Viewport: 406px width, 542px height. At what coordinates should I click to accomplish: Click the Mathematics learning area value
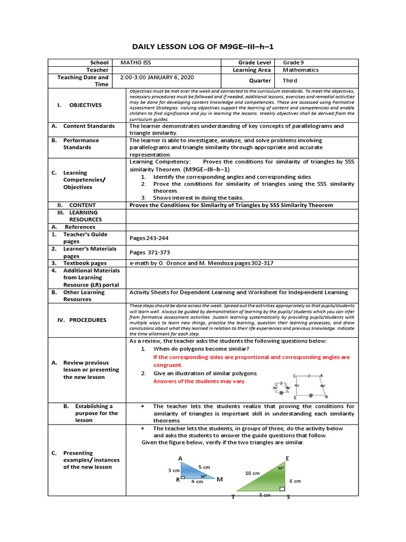[301, 70]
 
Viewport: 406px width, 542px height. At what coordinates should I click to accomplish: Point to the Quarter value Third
[290, 81]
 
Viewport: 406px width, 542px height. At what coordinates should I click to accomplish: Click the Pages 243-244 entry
[150, 238]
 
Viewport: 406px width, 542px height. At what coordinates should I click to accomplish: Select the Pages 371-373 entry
[150, 252]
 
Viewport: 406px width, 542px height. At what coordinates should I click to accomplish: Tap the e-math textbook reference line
[201, 263]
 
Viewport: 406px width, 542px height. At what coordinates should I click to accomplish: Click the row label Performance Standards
[81, 144]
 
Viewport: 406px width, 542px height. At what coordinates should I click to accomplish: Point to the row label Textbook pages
[85, 263]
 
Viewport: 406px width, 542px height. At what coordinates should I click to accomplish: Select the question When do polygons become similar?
[201, 349]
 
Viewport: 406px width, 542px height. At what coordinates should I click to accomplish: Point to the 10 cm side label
[253, 473]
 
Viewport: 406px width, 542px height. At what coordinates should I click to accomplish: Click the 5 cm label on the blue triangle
[204, 467]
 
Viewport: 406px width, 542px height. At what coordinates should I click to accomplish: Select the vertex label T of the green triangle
[233, 497]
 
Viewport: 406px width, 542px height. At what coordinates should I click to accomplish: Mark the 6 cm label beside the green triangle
[295, 481]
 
